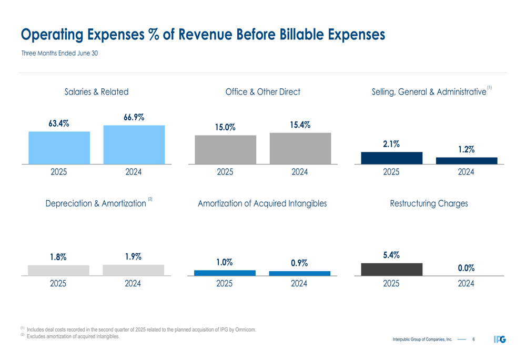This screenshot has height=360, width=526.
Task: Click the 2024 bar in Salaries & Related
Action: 134,145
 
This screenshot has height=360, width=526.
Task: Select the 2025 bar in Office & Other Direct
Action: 225,150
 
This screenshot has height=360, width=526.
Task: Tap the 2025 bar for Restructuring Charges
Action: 391,269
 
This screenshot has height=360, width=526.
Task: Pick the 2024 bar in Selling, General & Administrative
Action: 467,161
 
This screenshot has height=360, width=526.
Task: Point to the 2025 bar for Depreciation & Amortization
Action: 58,270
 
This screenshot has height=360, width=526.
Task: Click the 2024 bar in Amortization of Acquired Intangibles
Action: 299,273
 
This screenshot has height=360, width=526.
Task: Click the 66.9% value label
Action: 134,117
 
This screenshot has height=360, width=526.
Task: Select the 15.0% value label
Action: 225,127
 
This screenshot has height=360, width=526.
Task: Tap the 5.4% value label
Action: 391,255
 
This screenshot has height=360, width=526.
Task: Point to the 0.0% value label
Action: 466,268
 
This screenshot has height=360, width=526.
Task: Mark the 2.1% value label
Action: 391,143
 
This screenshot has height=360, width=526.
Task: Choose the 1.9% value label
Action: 133,256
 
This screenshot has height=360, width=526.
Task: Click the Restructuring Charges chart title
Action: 429,203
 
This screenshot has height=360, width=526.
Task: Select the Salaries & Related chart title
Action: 96,92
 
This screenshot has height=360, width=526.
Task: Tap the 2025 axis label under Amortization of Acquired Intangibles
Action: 225,284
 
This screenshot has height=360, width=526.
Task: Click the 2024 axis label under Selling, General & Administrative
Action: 466,172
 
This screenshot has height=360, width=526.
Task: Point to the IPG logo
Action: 500,340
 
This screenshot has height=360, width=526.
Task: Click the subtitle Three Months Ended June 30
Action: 59,53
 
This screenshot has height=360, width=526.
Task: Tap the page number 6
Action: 473,340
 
